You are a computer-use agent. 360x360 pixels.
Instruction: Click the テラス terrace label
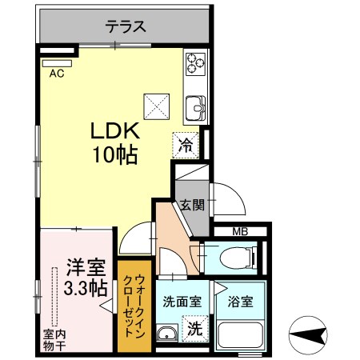126,26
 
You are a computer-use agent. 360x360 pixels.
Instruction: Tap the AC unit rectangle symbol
57,63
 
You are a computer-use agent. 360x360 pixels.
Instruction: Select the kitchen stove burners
196,63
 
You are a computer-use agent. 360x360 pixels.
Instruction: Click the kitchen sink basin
196,108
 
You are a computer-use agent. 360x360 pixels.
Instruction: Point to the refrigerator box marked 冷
186,146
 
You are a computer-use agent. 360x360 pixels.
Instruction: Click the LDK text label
115,130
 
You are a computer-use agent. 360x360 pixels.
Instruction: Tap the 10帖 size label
115,154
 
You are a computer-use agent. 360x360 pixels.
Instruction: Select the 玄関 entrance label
192,205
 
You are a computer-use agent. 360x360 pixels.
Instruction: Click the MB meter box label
240,231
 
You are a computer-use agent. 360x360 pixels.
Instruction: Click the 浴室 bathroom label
240,302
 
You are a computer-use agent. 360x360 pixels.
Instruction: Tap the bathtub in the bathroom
240,335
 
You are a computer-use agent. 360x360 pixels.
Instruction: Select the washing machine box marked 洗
195,329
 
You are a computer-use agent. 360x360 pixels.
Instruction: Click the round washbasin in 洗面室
167,334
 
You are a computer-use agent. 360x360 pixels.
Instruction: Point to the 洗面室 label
182,302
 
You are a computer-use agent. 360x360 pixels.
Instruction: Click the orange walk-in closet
134,306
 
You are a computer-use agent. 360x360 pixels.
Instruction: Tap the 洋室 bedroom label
86,267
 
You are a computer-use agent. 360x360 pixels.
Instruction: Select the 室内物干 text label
54,340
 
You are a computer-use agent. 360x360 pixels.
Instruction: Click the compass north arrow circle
308,335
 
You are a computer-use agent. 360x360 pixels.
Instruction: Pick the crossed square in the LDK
157,106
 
